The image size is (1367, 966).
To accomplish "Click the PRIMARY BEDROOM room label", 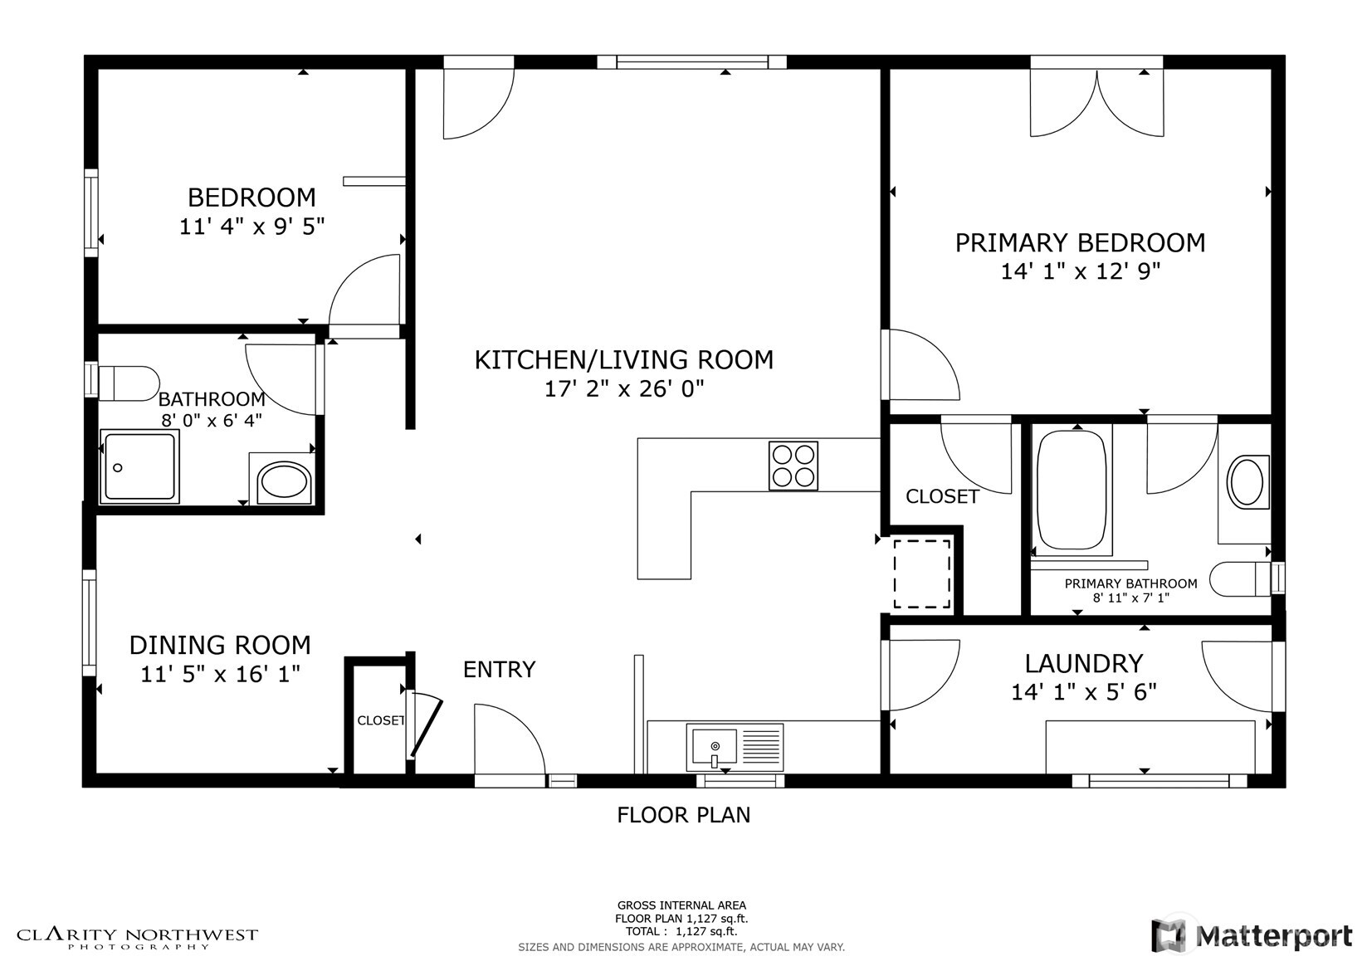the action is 1080,243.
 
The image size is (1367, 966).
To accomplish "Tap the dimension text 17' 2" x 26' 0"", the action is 623,388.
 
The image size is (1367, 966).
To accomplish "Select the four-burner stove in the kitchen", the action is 793,466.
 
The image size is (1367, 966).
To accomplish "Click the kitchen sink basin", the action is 714,748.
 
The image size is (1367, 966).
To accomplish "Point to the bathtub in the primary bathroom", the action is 1072,490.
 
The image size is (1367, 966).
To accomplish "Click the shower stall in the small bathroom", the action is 139,467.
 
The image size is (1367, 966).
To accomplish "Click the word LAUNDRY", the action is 1084,663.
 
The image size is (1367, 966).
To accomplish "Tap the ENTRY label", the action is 499,670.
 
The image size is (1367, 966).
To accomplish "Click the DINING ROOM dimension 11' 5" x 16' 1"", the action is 220,675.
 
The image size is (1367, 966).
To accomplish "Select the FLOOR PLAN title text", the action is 684,815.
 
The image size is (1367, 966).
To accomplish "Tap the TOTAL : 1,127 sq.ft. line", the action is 681,931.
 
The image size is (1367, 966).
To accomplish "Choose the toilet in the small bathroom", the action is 129,383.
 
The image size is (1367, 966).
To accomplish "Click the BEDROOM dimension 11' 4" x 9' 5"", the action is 251,227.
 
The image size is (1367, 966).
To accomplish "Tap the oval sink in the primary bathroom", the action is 1247,482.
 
